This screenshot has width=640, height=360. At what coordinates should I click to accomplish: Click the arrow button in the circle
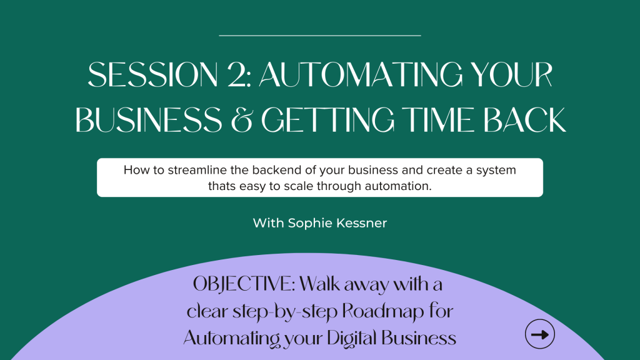pos(539,334)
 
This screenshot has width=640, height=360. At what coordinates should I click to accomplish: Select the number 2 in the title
pos(239,75)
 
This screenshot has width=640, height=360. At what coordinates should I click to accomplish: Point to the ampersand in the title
pos(242,120)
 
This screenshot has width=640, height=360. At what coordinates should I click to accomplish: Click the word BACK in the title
pos(525,120)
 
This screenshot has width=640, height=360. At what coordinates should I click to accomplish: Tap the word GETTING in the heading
pos(328,120)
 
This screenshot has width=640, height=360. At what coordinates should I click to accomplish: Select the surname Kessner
pos(362,223)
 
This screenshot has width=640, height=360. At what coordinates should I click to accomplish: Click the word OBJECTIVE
pos(244,284)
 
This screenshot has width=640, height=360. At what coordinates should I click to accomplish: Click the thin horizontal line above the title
pos(320,36)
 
